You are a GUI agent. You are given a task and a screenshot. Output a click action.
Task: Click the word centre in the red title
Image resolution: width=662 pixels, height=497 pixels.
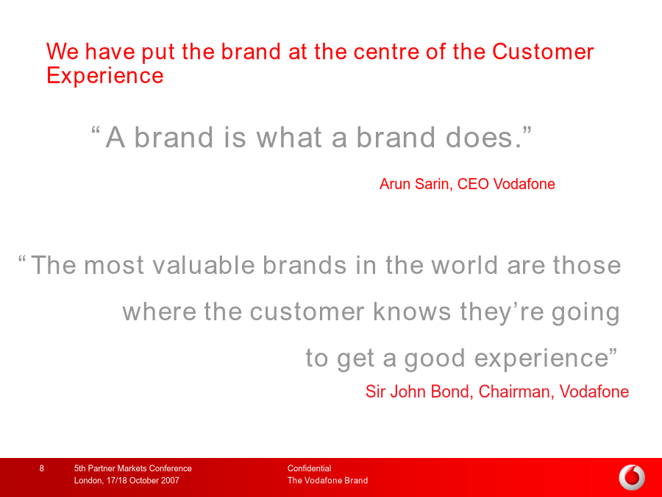[385, 52]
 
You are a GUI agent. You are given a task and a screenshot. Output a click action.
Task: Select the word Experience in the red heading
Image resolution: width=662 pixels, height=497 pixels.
[104, 76]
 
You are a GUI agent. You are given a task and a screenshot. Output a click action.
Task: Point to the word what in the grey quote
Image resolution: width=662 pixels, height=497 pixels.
[289, 138]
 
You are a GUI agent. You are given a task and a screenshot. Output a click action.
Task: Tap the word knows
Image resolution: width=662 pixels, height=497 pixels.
[412, 312]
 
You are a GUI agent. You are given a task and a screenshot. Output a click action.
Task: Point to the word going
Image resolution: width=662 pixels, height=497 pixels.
[586, 313]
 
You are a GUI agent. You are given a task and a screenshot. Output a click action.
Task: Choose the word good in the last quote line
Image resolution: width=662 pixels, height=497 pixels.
[435, 359]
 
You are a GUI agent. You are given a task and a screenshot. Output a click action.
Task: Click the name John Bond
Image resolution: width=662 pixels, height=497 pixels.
[429, 392]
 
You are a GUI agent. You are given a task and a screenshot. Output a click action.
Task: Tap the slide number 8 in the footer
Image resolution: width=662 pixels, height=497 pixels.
[42, 468]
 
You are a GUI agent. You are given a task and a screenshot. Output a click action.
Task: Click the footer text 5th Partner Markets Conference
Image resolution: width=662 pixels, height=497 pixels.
[133, 468]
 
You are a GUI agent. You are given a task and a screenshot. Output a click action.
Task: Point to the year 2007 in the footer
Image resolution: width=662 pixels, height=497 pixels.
[170, 481]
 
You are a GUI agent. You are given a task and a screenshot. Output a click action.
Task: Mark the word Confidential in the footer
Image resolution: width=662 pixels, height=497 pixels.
[309, 468]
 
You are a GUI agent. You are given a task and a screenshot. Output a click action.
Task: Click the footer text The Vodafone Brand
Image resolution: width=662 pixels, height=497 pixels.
[327, 481]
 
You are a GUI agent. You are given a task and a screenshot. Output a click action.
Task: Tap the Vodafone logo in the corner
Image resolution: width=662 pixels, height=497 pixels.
[632, 478]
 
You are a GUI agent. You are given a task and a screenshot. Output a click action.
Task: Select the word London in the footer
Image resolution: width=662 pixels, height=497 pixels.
[88, 481]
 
